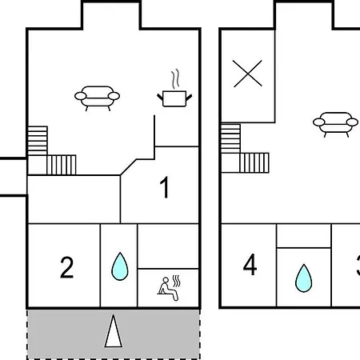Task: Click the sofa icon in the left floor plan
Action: [x=97, y=98]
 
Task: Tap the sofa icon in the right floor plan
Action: [x=335, y=124]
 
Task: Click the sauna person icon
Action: [x=167, y=289]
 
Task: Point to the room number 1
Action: [x=165, y=188]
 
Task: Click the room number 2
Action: [x=66, y=267]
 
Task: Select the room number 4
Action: [x=250, y=265]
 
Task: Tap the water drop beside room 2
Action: [x=120, y=266]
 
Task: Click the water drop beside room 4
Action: [x=303, y=278]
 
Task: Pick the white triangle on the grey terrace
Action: [x=114, y=331]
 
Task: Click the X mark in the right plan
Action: [x=247, y=74]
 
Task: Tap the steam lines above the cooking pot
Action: [x=175, y=79]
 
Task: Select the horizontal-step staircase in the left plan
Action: [x=38, y=141]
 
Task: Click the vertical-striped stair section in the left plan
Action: [x=62, y=165]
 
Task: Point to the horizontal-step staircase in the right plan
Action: [x=230, y=138]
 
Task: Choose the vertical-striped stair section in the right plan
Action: [x=254, y=162]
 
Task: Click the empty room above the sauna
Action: [x=168, y=246]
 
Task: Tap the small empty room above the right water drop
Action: [x=304, y=236]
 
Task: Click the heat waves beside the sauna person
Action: [x=176, y=281]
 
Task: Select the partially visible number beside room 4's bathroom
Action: [x=358, y=266]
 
